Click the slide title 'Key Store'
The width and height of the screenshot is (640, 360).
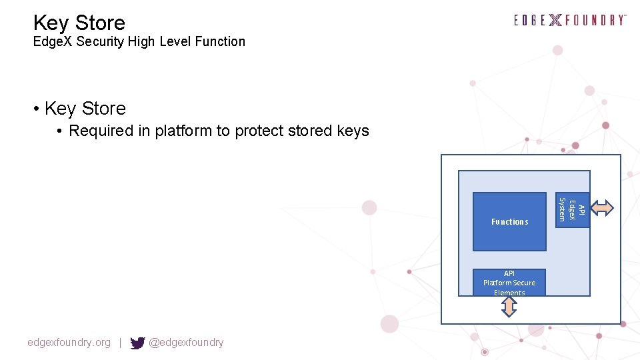pos(79,23)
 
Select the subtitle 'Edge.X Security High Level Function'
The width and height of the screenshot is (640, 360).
pos(139,41)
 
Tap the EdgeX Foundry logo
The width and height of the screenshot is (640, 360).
pos(570,20)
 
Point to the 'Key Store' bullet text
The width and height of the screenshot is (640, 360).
pos(85,108)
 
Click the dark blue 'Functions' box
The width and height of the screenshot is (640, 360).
pos(509,221)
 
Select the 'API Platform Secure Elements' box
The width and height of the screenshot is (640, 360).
pos(509,283)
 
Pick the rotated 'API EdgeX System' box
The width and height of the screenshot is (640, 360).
pos(572,209)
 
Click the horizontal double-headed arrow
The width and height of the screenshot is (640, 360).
pos(603,209)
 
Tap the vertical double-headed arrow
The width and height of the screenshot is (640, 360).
pos(509,307)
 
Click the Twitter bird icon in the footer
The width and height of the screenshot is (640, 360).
pos(137,343)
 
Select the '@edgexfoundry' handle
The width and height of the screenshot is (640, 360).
pos(186,343)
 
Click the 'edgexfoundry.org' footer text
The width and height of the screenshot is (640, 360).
pos(69,343)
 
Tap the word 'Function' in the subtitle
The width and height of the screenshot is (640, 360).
pos(220,41)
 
